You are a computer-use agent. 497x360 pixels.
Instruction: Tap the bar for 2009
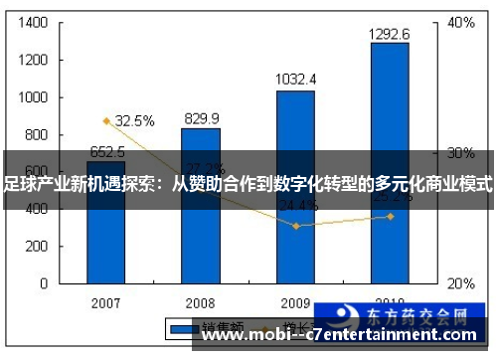pyautogui.click(x=295, y=189)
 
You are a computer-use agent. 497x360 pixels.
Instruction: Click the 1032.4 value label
pyautogui.click(x=295, y=79)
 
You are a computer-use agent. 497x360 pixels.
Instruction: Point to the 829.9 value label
pyautogui.click(x=202, y=118)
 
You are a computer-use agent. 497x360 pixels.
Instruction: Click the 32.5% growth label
pyautogui.click(x=134, y=121)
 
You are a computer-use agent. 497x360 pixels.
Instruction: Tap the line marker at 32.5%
pyautogui.click(x=106, y=121)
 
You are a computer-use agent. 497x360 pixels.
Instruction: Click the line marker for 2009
pyautogui.click(x=295, y=226)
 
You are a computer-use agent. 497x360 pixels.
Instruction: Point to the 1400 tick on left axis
pyautogui.click(x=34, y=22)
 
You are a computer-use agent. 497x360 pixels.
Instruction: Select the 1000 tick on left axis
pyautogui.click(x=34, y=97)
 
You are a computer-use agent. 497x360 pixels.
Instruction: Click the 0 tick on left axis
pyautogui.click(x=46, y=283)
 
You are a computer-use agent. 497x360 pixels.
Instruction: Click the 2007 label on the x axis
pyautogui.click(x=106, y=301)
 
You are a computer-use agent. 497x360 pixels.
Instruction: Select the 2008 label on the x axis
pyautogui.click(x=201, y=301)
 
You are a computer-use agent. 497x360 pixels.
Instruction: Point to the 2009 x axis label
pyautogui.click(x=295, y=301)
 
